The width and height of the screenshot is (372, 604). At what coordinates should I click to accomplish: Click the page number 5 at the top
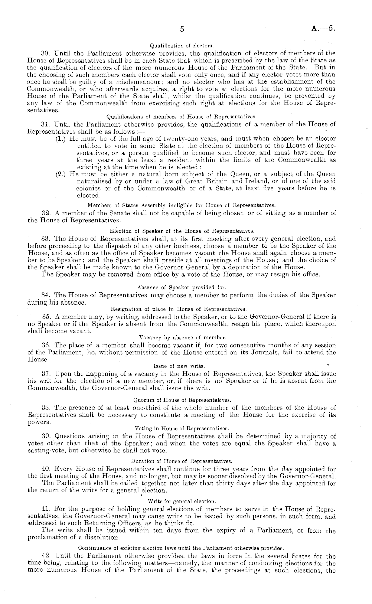click(x=182, y=29)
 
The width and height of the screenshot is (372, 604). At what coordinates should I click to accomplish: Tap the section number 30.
click(x=45, y=53)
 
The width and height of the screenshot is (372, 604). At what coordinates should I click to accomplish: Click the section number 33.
click(x=45, y=238)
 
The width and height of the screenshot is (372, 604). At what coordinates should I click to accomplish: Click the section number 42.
click(x=45, y=556)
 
